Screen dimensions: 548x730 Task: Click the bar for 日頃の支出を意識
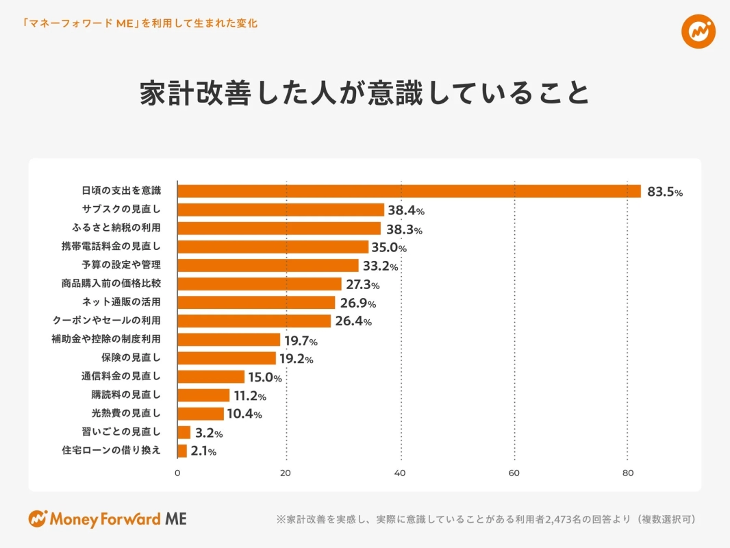(x=409, y=191)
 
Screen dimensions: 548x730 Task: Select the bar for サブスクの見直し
(x=281, y=210)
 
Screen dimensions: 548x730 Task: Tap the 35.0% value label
(x=389, y=247)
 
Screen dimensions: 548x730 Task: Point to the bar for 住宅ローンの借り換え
(x=182, y=451)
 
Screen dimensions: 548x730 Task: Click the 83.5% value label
(x=665, y=192)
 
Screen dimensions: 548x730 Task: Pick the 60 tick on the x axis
(x=514, y=473)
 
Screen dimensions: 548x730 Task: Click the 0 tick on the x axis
(x=177, y=473)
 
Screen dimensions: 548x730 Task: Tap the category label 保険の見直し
(x=130, y=358)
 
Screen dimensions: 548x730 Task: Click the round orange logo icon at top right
(x=698, y=30)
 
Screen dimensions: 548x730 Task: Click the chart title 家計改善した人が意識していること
(x=364, y=94)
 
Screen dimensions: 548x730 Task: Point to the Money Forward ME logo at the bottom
(x=108, y=519)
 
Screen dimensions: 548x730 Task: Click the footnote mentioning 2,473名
(x=486, y=519)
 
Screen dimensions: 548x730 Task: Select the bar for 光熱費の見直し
(x=201, y=414)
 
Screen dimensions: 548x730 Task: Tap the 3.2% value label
(x=209, y=433)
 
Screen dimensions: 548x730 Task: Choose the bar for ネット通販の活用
(x=256, y=303)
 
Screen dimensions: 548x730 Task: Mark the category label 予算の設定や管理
(x=121, y=264)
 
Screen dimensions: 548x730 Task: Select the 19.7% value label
(x=301, y=340)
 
